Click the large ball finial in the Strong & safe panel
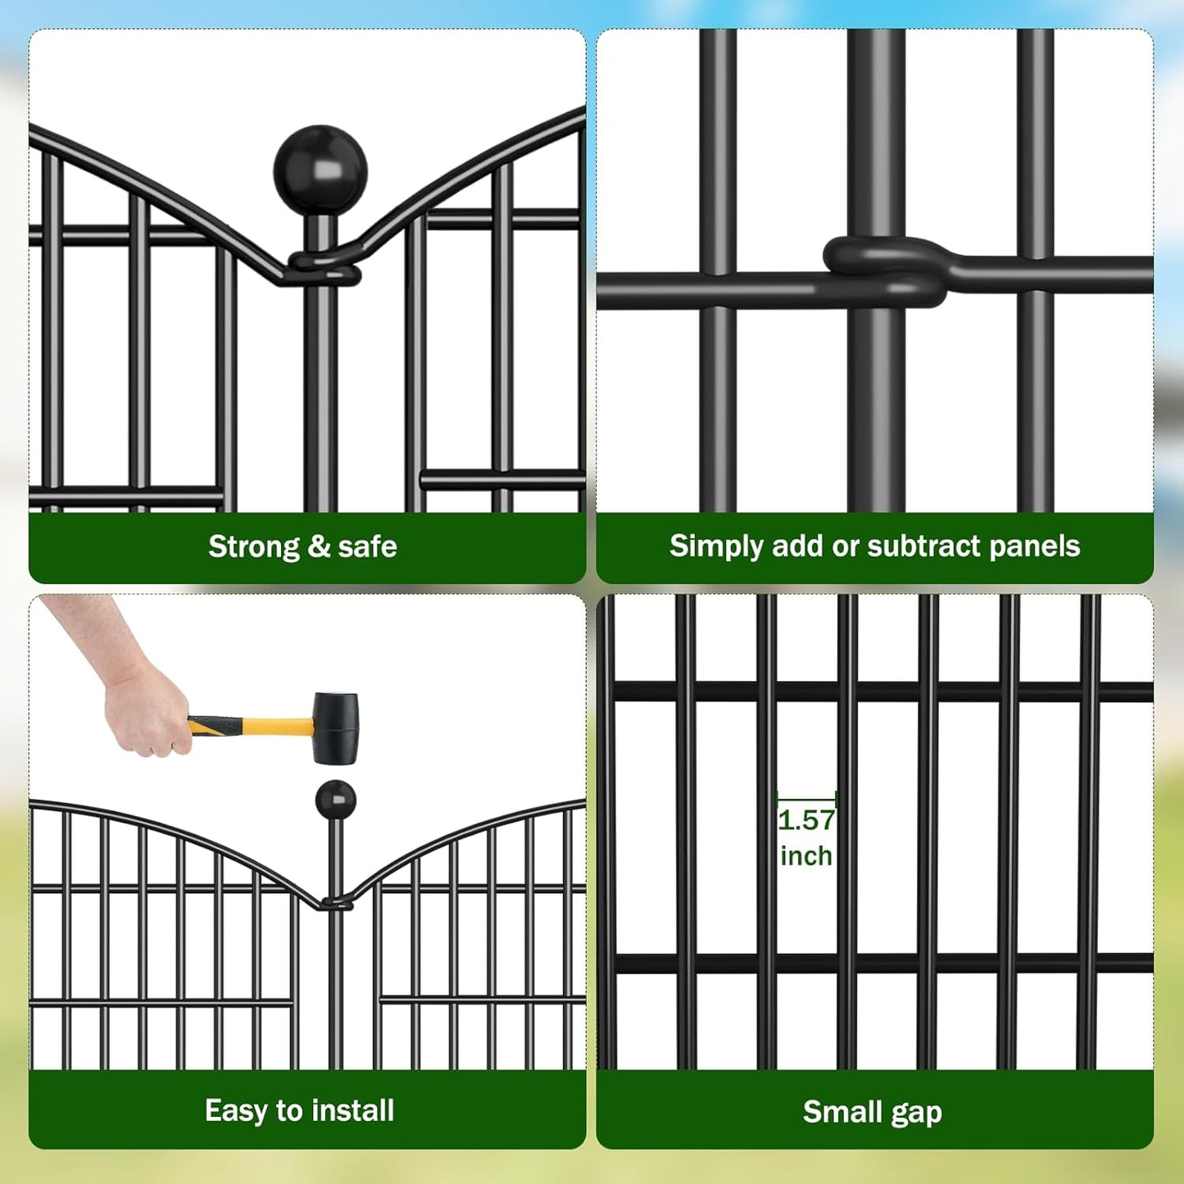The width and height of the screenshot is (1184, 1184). coord(320,170)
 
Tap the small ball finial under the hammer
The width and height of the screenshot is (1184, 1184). coord(335,799)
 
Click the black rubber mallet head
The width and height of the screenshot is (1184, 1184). coord(336,728)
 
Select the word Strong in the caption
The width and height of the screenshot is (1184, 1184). coord(254,547)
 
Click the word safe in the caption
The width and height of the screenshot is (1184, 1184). coord(367,547)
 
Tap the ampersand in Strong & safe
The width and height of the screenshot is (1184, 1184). coord(319,547)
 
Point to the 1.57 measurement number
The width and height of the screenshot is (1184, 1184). coord(806,820)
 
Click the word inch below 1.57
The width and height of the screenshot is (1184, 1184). coord(806,856)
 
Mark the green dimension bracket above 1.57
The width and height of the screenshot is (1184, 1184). coord(806,796)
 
